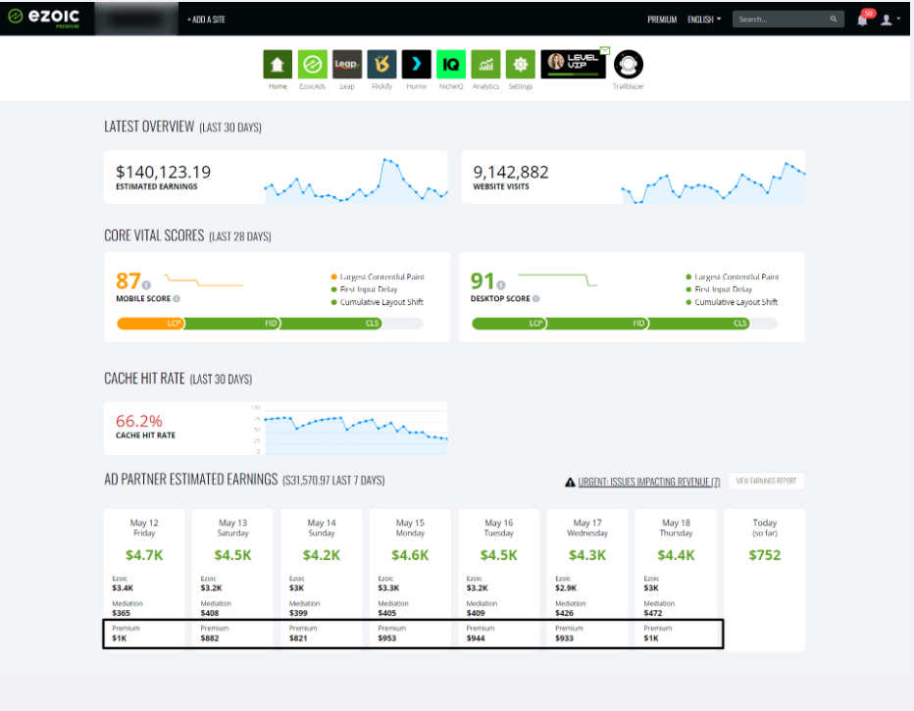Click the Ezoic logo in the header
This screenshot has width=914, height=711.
point(43,19)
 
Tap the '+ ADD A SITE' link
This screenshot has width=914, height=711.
point(206,19)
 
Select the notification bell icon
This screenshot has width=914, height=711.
point(863,20)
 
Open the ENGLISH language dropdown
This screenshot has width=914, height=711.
point(704,19)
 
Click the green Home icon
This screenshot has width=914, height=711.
point(278,65)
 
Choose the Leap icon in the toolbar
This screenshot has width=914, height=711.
point(346,65)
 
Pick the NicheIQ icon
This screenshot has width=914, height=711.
point(451,65)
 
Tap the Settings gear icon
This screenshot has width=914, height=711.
point(521,65)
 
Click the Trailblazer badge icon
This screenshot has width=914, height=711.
point(628,65)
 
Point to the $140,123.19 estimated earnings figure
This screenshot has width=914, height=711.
point(163,173)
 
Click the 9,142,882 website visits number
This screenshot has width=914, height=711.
point(511,173)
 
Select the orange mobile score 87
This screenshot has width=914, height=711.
point(127,282)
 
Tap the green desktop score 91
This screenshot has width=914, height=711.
point(483,282)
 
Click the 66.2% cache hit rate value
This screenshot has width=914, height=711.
point(139,422)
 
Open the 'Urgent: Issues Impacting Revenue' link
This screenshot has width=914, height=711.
point(648,482)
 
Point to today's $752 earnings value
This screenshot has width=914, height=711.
point(764,555)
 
